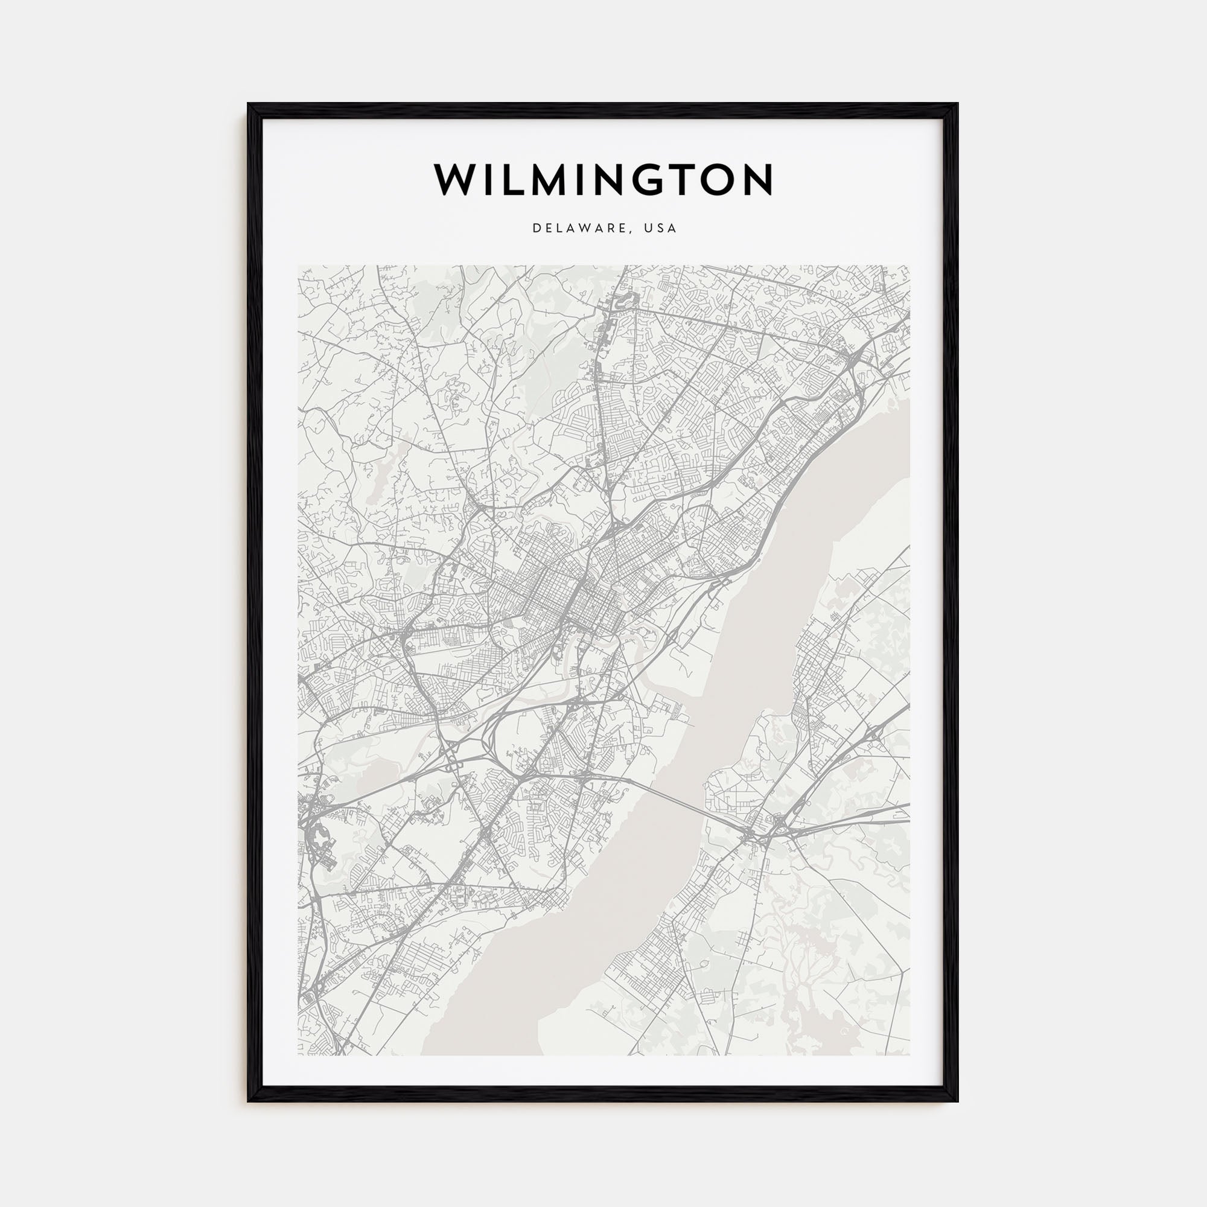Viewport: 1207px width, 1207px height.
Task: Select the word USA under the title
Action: coord(662,229)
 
